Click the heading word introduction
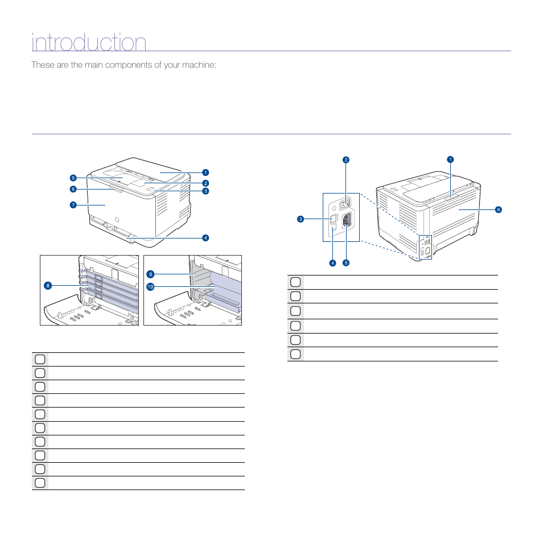(x=89, y=43)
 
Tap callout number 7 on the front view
(x=73, y=205)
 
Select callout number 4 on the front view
(x=205, y=237)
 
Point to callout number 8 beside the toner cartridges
(x=48, y=285)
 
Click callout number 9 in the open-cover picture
(x=150, y=274)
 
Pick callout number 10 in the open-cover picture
(x=150, y=287)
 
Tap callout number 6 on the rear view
(x=498, y=209)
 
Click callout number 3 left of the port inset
(x=299, y=219)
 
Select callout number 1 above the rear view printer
(x=450, y=159)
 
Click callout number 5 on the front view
(x=73, y=178)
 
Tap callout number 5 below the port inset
(x=345, y=263)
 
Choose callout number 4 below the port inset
(x=332, y=263)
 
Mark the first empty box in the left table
(x=39, y=359)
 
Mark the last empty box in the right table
(x=295, y=354)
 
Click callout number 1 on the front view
(x=205, y=172)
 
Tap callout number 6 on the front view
(x=73, y=189)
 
